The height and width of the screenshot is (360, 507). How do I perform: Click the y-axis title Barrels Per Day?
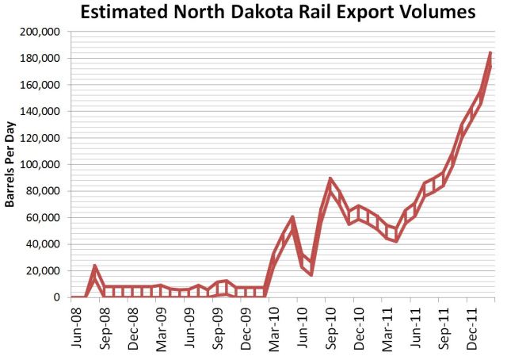click(12, 165)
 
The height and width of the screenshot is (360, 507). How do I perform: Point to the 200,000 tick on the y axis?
click(44, 32)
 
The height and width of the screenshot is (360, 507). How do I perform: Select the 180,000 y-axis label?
click(44, 59)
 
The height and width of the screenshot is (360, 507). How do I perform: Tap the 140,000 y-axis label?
click(44, 112)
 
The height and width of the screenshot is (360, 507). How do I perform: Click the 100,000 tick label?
click(44, 165)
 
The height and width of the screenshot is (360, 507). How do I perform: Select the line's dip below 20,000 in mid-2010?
click(311, 274)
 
